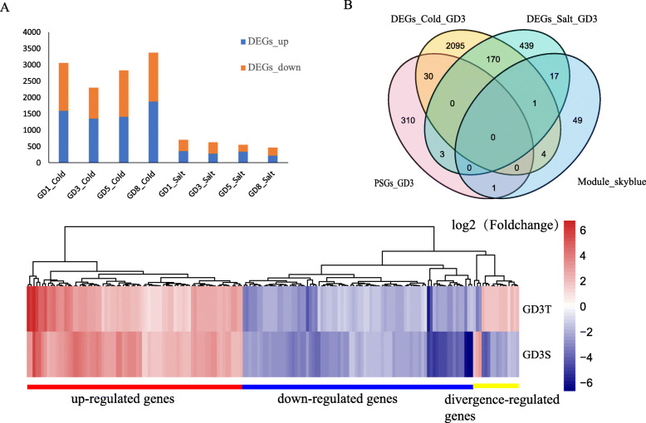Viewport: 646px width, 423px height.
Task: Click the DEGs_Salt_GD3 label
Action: click(543, 19)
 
